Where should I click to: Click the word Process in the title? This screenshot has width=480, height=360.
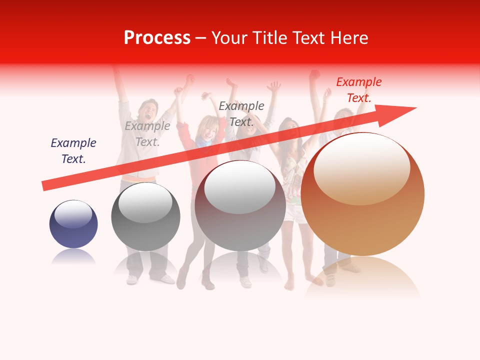[x=157, y=38]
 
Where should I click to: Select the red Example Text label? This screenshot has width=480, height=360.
[x=358, y=90]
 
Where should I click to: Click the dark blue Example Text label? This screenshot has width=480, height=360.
[x=73, y=151]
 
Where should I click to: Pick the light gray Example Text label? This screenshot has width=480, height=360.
[x=147, y=134]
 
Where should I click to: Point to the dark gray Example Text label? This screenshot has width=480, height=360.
[x=241, y=113]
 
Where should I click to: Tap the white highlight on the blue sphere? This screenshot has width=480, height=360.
[x=73, y=214]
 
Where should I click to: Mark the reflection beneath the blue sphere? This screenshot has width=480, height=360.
[x=73, y=257]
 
